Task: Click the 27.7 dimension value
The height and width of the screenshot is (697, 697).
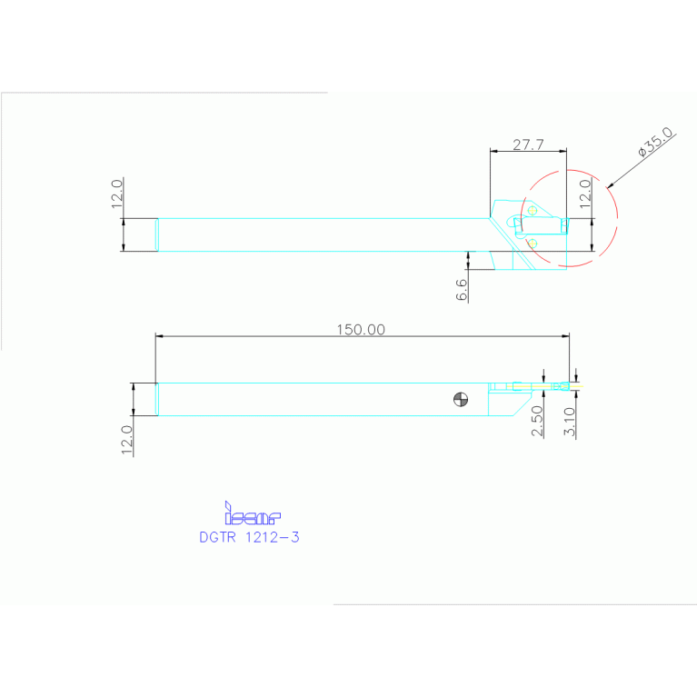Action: pyautogui.click(x=528, y=144)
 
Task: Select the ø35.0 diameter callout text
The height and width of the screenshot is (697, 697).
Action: pyautogui.click(x=655, y=144)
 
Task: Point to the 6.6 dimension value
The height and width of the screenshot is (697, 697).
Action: pyautogui.click(x=462, y=290)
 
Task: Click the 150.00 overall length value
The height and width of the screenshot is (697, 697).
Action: pyautogui.click(x=361, y=330)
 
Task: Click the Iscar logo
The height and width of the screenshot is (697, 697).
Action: pyautogui.click(x=252, y=515)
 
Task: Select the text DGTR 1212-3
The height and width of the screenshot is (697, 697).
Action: pyautogui.click(x=249, y=537)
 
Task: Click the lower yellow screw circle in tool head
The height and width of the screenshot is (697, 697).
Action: pyautogui.click(x=533, y=242)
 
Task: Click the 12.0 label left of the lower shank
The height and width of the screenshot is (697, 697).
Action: pyautogui.click(x=127, y=440)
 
